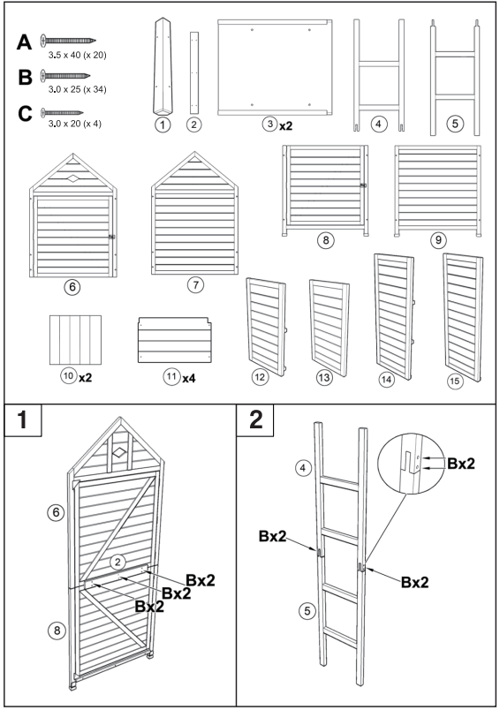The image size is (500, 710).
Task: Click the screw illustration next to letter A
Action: coord(66,40)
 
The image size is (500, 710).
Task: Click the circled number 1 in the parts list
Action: coord(161,125)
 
